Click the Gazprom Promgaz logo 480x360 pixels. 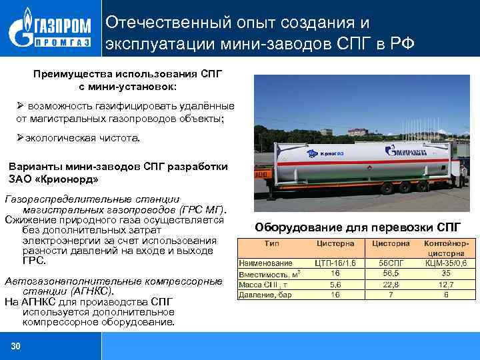(50, 31)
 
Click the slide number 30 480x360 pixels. (16, 345)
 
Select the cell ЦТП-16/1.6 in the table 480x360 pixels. (335, 263)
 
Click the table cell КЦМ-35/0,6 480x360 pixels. (445, 263)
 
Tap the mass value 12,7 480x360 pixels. (445, 284)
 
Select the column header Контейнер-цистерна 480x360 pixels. (445, 249)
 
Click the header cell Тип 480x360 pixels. (272, 244)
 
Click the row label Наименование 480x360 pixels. (266, 263)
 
